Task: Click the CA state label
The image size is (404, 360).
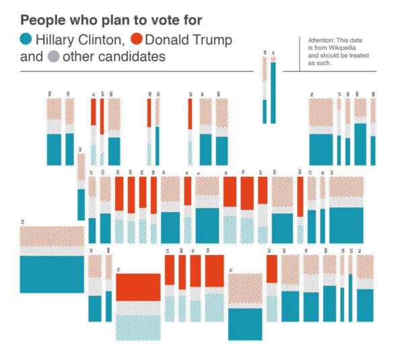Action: [23, 221]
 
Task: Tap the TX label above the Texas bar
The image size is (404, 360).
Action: [119, 270]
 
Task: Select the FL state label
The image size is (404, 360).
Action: [231, 270]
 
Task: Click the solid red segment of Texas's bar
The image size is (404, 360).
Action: [138, 287]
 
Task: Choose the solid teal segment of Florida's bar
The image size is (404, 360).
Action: [245, 324]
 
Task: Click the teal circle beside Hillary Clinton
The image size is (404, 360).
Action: [27, 40]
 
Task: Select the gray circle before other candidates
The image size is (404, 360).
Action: [53, 57]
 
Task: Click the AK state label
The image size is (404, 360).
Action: [265, 52]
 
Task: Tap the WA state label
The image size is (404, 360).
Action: [49, 94]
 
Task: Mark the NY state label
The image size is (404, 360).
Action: [332, 173]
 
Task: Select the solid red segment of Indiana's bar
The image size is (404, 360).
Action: [230, 192]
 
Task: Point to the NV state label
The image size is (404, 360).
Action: [80, 149]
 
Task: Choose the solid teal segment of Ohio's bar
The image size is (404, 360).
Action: [281, 227]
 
